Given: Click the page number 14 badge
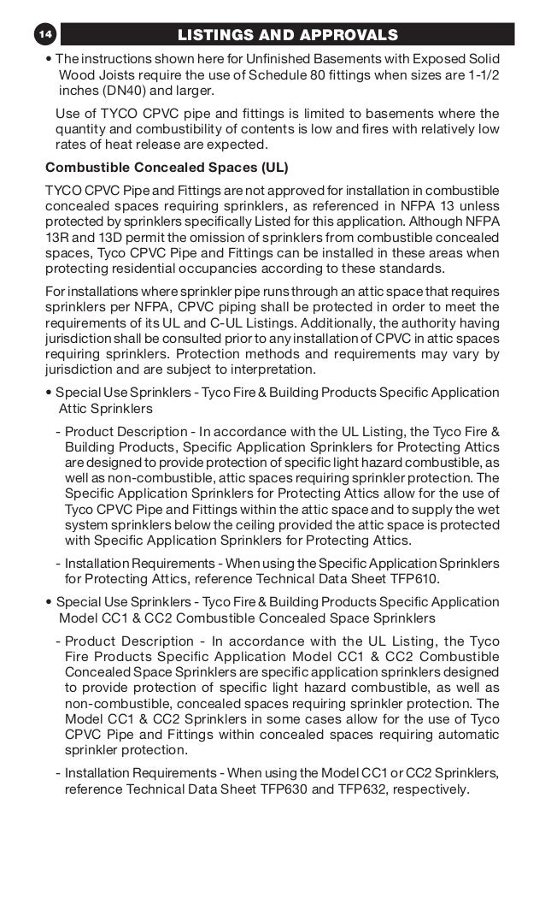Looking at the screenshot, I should tap(44, 34).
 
